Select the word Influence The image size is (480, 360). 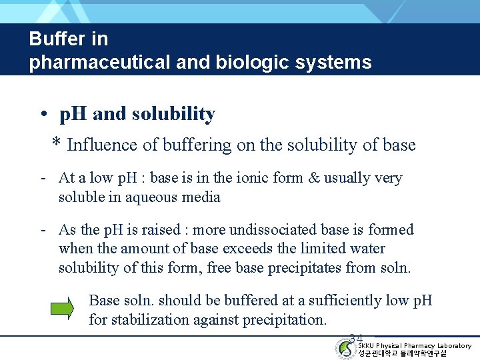pos(101,145)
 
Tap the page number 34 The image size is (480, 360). pos(356,339)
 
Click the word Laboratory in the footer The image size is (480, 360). pos(454,345)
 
